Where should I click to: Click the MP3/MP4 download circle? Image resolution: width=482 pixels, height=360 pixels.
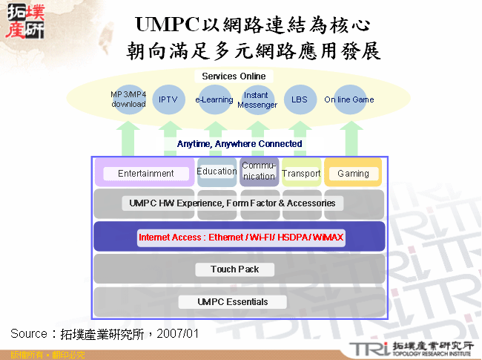[x=128, y=99]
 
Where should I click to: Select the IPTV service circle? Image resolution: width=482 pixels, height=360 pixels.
[x=168, y=99]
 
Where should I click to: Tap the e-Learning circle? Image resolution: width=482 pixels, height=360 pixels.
[x=214, y=99]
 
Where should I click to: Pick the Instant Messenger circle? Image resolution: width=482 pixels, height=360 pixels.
[x=257, y=100]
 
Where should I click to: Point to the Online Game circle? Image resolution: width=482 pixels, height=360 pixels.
[x=349, y=99]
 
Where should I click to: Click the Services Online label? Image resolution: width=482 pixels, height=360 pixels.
[x=234, y=76]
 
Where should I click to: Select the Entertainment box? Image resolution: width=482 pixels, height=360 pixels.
[x=145, y=174]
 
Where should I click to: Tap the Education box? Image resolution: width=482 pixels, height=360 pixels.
[x=217, y=171]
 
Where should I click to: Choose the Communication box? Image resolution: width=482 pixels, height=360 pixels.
[x=259, y=171]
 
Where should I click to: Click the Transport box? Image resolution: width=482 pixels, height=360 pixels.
[x=301, y=173]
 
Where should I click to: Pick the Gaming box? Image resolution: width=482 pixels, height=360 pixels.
[x=353, y=174]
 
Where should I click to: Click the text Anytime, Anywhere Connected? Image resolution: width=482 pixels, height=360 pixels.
[x=240, y=143]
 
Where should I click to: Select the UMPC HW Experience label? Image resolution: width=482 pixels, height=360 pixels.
[x=231, y=203]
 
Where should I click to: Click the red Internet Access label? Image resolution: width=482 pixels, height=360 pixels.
[x=241, y=238]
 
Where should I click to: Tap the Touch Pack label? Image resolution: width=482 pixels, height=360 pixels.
[x=234, y=269]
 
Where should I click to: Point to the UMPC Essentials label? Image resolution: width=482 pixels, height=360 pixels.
[x=233, y=301]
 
